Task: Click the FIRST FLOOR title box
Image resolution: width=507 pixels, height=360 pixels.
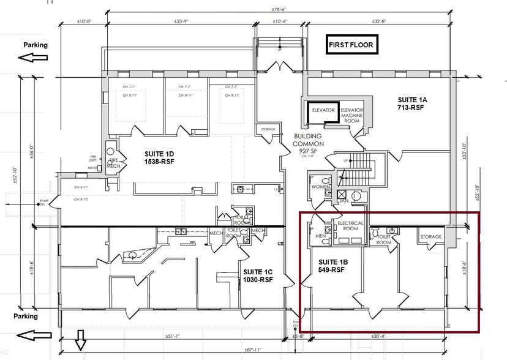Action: (x=351, y=45)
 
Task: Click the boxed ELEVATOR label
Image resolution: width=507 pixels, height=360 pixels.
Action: (x=323, y=110)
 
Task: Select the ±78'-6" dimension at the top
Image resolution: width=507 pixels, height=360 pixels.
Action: (x=281, y=9)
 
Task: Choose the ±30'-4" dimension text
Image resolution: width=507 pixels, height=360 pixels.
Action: (x=377, y=336)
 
